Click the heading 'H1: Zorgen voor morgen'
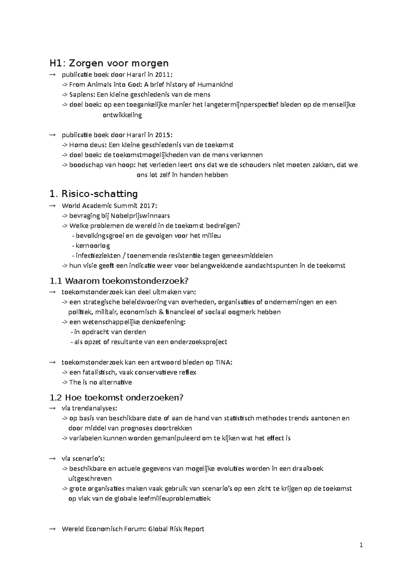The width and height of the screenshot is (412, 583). [x=109, y=63]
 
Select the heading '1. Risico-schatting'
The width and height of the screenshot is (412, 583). [x=93, y=194]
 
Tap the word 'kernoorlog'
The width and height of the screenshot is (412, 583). [x=93, y=246]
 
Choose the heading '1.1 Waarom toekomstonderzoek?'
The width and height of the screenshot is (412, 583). [x=119, y=281]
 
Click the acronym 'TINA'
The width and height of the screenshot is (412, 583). [x=223, y=363]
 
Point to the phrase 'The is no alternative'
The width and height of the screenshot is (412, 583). [x=100, y=382]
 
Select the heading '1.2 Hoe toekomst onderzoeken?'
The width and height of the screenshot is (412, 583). [x=117, y=398]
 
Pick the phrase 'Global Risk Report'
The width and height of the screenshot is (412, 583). [x=176, y=529]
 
